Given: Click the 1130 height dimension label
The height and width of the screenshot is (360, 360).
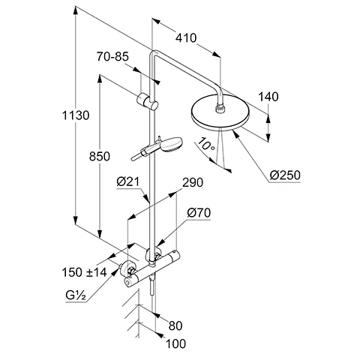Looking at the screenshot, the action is pos(76,115).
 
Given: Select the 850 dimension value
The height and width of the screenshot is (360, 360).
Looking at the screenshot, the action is pos(100,157).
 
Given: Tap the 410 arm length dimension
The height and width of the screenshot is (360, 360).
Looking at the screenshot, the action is pos(186,38).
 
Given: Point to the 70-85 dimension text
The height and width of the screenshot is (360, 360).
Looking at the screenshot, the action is pos(112,56).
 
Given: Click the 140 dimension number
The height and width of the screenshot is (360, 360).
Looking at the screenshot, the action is pos(268,97).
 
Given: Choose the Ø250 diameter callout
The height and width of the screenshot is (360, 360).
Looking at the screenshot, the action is pos(285,175).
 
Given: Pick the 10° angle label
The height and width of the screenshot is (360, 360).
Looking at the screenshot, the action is pos(206,145).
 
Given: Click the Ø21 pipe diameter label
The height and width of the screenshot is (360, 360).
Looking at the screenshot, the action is pos(127,181).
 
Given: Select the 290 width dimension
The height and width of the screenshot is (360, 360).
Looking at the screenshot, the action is pos(193,183).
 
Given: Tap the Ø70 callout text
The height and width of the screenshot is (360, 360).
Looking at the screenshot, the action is pos(199,213).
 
